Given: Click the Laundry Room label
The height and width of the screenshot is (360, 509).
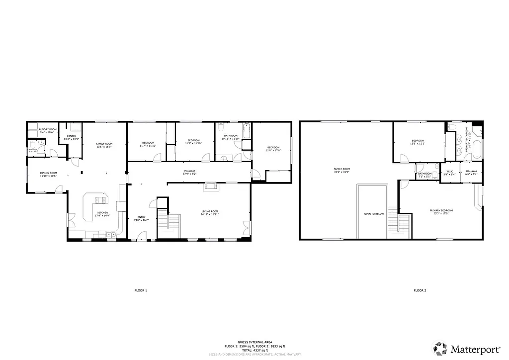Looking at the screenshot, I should [47, 129].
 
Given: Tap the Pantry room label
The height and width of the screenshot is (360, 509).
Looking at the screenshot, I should [72, 136].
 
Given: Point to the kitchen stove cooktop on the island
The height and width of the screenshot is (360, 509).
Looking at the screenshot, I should [98, 200].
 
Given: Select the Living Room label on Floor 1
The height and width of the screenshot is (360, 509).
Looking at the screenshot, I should [209, 211].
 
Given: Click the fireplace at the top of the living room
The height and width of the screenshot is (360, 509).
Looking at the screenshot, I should [210, 186].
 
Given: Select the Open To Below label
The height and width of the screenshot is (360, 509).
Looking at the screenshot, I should [373, 214].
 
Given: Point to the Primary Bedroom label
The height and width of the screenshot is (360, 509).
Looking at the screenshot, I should [441, 210].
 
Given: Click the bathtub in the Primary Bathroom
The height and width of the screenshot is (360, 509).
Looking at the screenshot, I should [477, 148].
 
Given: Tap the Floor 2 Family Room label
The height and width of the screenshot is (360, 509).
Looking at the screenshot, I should [341, 169].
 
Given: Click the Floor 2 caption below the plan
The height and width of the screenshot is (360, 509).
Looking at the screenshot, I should [420, 290].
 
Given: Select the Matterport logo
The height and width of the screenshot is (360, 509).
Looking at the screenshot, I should [463, 348].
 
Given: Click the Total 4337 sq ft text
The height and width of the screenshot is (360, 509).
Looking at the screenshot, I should [254, 350].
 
